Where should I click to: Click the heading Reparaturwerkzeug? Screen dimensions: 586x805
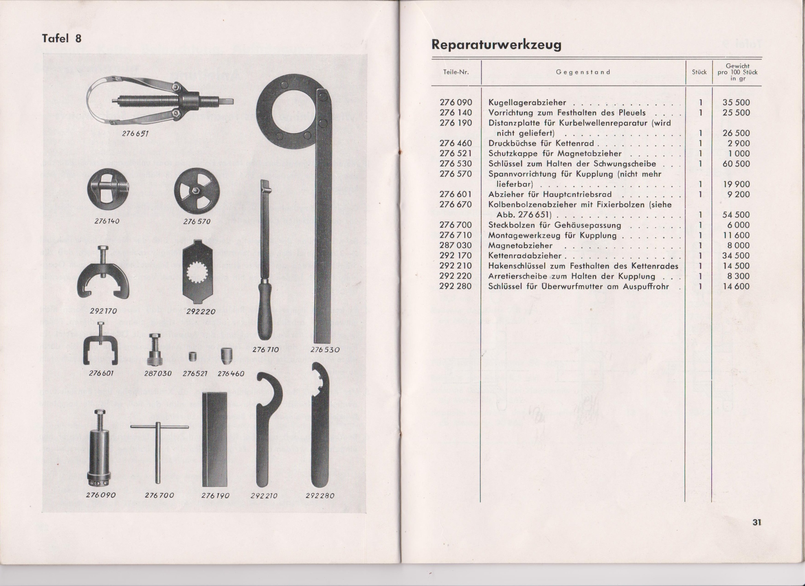pos(496,45)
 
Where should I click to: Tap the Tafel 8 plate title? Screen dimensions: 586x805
pos(62,39)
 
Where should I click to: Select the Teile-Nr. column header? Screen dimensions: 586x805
pos(456,72)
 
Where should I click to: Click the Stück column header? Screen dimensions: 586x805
pos(699,72)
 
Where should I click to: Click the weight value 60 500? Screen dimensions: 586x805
pos(736,164)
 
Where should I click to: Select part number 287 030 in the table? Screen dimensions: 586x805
pos(456,245)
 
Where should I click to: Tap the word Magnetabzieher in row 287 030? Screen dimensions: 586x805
pos(520,245)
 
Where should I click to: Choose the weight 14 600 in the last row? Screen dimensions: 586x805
pos(736,286)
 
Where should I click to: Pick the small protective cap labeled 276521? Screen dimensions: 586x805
pos(193,356)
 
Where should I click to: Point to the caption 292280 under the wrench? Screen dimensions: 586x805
pos(320,496)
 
